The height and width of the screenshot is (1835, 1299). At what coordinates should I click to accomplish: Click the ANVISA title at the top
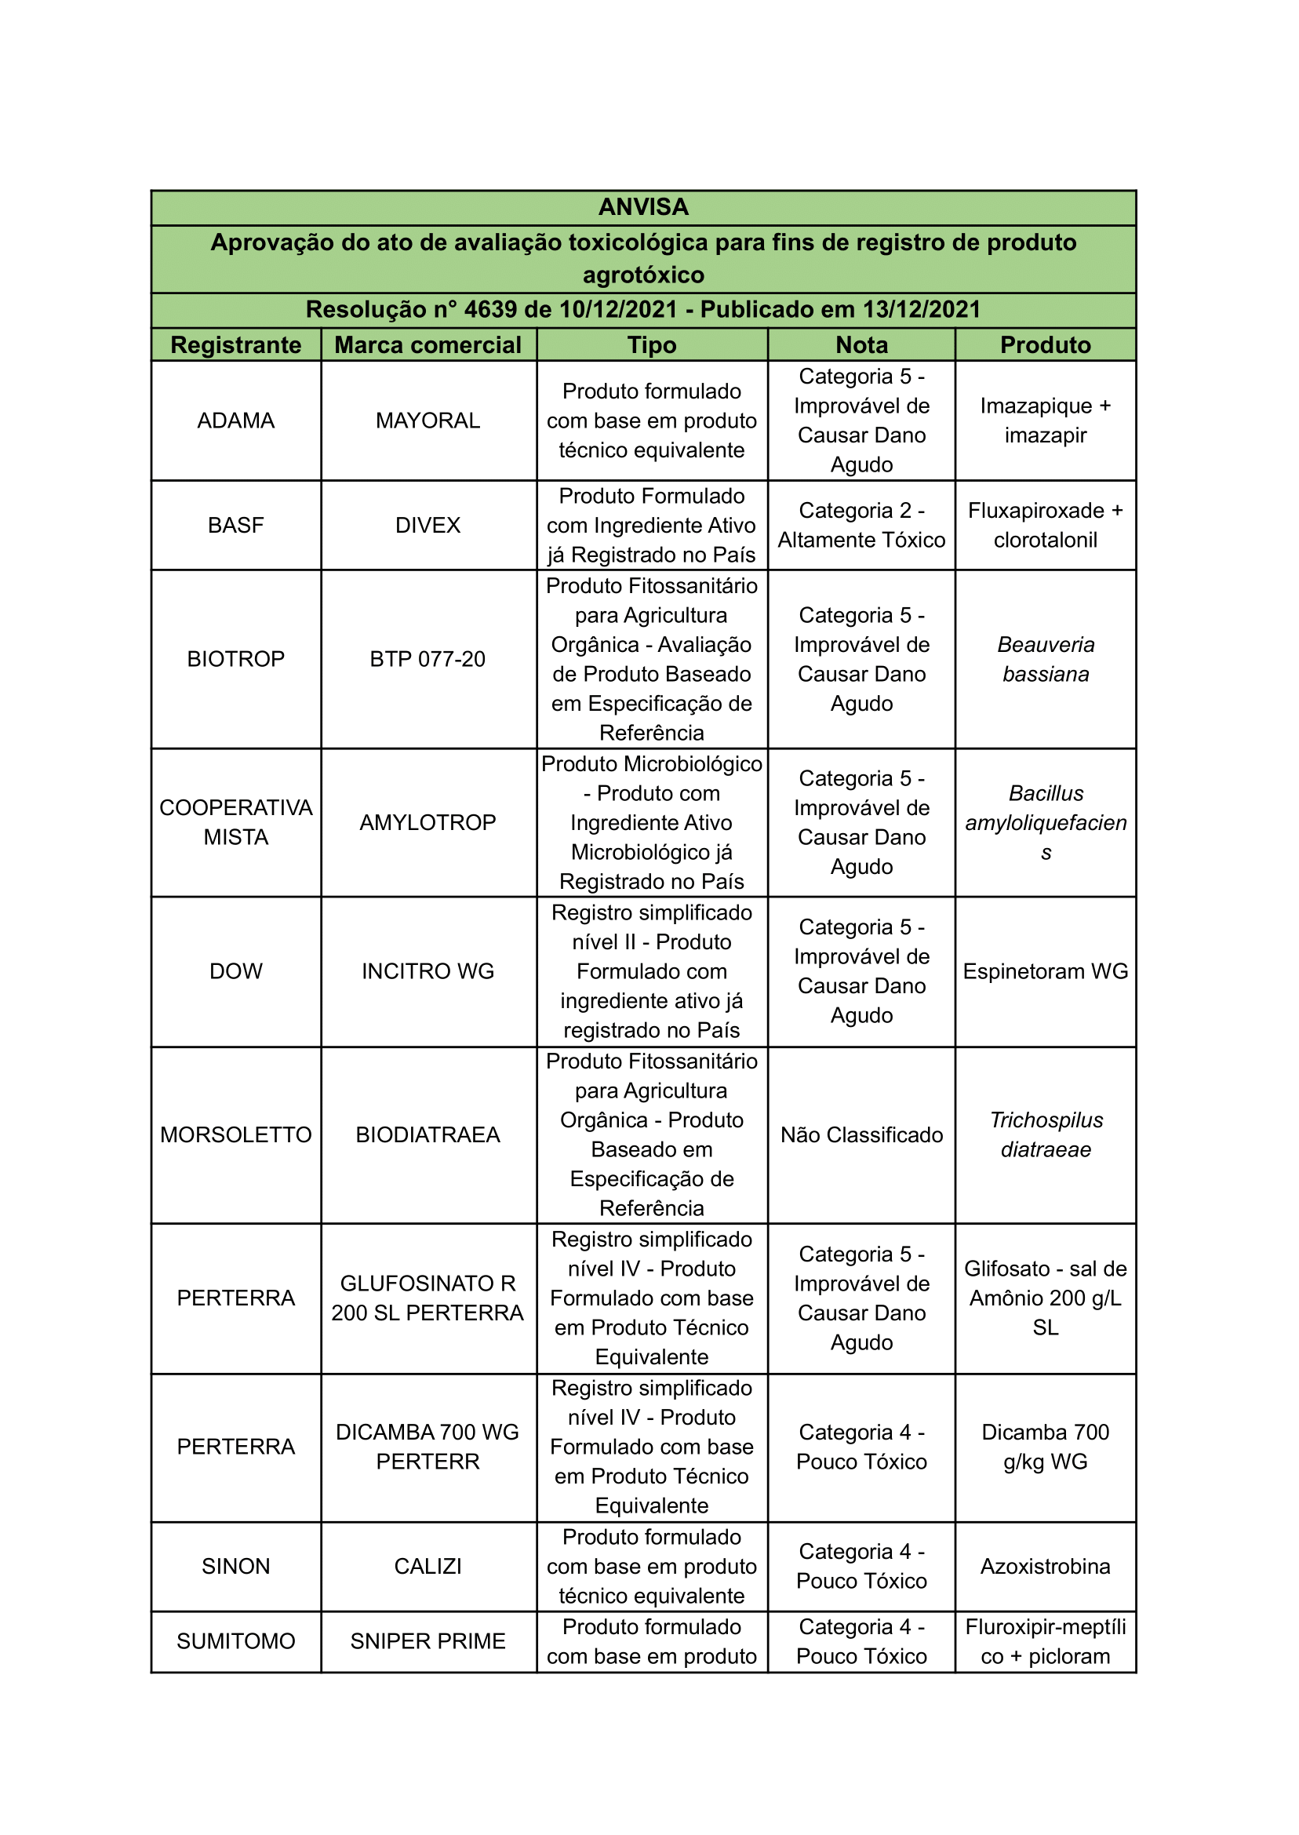coord(643,207)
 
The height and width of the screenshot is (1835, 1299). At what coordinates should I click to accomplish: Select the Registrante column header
coord(236,344)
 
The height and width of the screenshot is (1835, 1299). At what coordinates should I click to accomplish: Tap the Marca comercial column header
coord(428,344)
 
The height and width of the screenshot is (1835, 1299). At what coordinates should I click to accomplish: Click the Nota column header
coord(861,344)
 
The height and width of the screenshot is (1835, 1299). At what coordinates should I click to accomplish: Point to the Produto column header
coord(1046,344)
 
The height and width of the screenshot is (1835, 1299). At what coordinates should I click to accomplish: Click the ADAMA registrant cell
coord(236,421)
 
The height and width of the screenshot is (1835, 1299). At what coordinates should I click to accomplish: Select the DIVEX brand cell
coord(428,526)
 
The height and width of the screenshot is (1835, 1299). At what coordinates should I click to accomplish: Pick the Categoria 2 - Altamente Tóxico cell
coord(861,526)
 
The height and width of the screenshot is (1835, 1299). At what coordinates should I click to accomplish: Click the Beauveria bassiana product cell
coord(1046,659)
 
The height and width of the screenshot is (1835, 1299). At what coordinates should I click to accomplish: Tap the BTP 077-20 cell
coord(428,659)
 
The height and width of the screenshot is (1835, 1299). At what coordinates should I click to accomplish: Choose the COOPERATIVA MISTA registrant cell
coord(236,822)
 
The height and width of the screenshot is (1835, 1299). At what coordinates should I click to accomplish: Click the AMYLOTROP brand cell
coord(428,822)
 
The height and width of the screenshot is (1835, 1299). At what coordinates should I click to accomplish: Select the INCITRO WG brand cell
coord(428,971)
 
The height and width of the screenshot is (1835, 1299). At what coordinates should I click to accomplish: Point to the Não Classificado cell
coord(861,1135)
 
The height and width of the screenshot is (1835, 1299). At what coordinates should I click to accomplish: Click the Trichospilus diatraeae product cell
coord(1046,1135)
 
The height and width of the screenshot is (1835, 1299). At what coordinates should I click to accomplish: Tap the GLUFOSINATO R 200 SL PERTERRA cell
coord(428,1298)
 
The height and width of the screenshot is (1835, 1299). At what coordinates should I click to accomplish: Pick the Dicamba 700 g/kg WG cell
coord(1046,1447)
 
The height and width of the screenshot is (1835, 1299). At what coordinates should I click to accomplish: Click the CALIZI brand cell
coord(428,1566)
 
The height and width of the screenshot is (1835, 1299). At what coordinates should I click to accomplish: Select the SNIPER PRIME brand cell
coord(428,1641)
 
